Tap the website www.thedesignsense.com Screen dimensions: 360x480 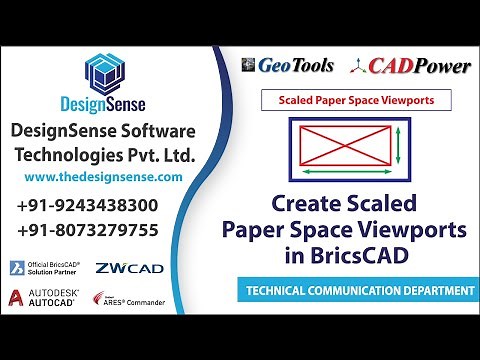pos(102,176)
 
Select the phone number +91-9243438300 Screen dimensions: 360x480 pos(102,206)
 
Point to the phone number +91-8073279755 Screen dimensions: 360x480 pos(102,230)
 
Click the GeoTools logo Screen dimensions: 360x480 pos(288,66)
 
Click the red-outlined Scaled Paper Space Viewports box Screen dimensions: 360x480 pos(355,100)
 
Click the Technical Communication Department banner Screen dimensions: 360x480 pos(355,292)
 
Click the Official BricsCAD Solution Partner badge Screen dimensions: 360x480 pos(45,268)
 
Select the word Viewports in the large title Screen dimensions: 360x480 pos(410,229)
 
